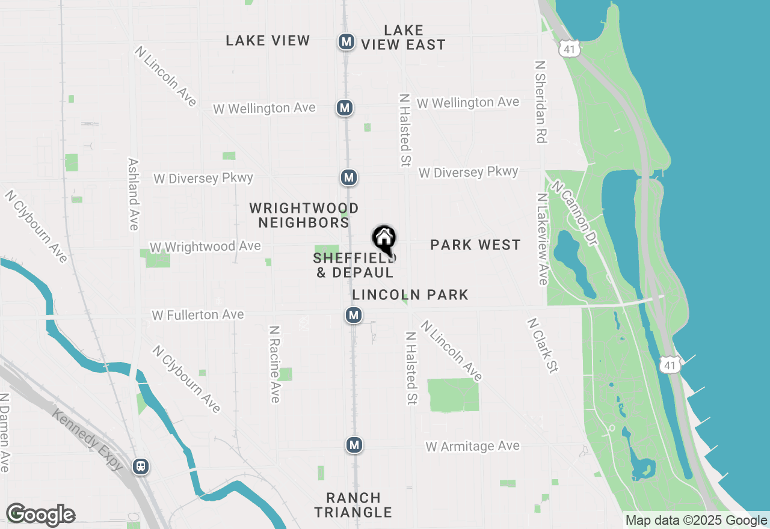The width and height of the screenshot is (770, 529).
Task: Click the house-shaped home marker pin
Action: point(384,239)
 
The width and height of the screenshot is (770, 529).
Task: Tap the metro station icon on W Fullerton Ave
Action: point(354,315)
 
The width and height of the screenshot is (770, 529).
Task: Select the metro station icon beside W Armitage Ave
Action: point(354,445)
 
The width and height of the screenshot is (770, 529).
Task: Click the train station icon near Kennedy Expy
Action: point(141,466)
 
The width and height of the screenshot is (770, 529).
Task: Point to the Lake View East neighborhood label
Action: point(403,37)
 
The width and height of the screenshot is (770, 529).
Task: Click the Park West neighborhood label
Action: point(475,245)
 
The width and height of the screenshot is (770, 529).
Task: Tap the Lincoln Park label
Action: point(410,295)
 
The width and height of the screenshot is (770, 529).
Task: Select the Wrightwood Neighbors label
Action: point(304,215)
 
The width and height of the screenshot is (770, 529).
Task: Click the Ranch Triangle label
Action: point(353,505)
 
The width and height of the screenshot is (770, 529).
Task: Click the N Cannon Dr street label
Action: point(574,213)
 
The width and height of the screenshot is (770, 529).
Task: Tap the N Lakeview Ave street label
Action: point(543,239)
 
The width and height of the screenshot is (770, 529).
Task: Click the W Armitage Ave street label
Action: point(472,447)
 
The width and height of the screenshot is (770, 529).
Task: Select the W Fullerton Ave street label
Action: point(197,315)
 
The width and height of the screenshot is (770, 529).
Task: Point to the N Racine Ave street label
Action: point(274,364)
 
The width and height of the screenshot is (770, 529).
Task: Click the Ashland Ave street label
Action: point(134,194)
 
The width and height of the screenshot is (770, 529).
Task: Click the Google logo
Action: point(40,515)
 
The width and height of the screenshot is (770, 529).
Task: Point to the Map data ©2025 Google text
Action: point(696,521)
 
